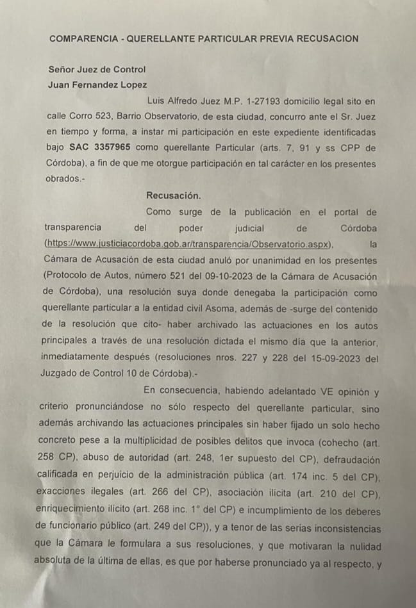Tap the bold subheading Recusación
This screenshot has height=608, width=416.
click(173, 195)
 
